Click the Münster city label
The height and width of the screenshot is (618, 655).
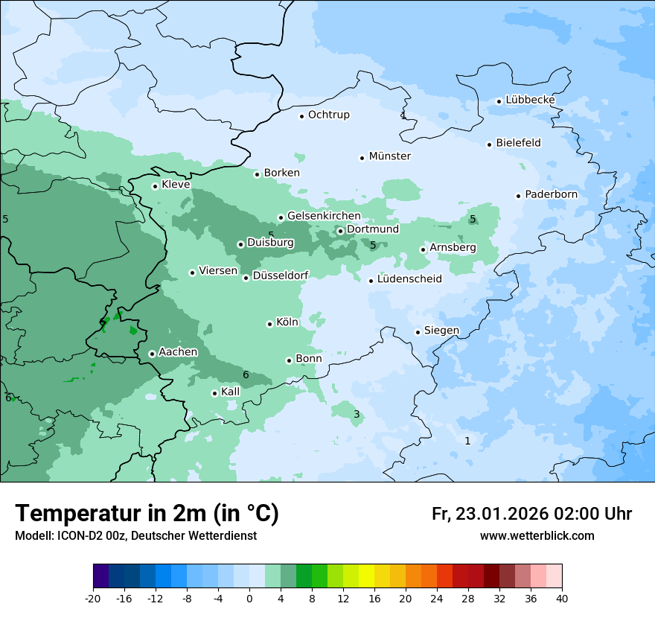click(x=389, y=156)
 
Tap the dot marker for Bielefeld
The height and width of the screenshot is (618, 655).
click(x=490, y=144)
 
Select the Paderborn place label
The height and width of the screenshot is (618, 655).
click(x=551, y=194)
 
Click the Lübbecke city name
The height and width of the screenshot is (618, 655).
click(x=530, y=100)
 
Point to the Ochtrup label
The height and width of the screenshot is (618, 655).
click(x=328, y=115)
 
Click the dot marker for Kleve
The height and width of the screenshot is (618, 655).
click(x=155, y=186)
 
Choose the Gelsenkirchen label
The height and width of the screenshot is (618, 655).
click(x=324, y=216)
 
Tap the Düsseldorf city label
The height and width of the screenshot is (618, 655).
click(x=280, y=275)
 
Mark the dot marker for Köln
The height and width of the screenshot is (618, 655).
click(x=269, y=324)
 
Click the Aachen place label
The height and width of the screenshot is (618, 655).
click(x=178, y=352)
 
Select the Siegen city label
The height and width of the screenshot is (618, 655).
click(x=441, y=331)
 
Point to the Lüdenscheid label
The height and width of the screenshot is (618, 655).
click(x=409, y=279)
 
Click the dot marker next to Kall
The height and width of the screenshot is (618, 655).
click(x=214, y=393)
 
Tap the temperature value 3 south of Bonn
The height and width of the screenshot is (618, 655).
click(x=357, y=415)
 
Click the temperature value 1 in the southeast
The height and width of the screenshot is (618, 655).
click(x=467, y=441)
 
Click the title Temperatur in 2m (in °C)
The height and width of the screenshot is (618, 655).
click(x=147, y=513)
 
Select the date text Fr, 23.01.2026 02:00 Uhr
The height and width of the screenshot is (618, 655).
click(x=531, y=514)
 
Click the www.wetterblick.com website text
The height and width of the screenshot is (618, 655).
click(x=537, y=535)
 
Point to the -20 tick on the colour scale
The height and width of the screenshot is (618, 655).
click(x=93, y=599)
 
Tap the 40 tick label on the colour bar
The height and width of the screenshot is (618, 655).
click(x=562, y=599)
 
